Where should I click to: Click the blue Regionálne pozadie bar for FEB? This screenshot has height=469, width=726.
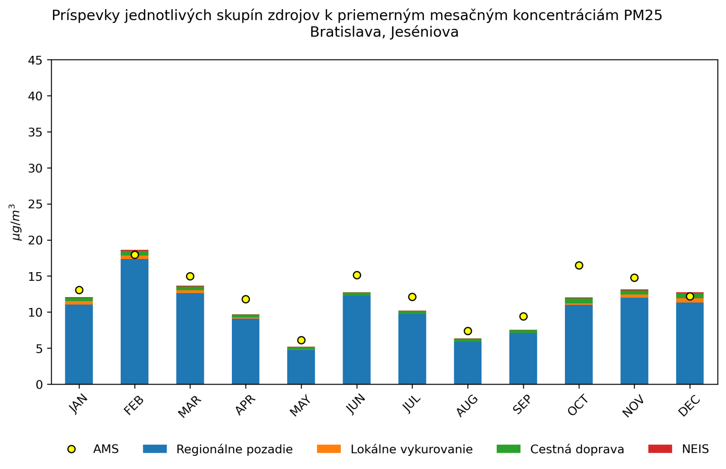134,322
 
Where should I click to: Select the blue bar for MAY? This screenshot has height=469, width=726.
301,367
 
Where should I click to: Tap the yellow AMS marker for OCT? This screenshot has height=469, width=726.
579,265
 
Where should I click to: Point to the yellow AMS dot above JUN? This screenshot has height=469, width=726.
357,275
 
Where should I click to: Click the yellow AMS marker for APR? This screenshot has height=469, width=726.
245,299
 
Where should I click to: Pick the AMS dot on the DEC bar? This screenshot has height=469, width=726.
690,297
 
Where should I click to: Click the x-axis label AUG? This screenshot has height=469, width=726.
467,405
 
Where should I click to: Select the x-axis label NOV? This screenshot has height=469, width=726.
633,406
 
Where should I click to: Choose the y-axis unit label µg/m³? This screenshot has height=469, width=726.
16,222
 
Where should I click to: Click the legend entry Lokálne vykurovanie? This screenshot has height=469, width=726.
412,449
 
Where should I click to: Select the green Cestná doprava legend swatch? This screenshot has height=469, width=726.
508,449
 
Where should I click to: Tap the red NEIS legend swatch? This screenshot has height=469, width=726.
660,449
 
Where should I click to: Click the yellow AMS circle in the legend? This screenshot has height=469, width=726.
71,449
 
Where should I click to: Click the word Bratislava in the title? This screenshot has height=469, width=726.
347,32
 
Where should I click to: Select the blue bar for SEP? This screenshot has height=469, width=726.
523,358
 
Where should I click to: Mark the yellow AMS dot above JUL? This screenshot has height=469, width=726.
412,297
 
